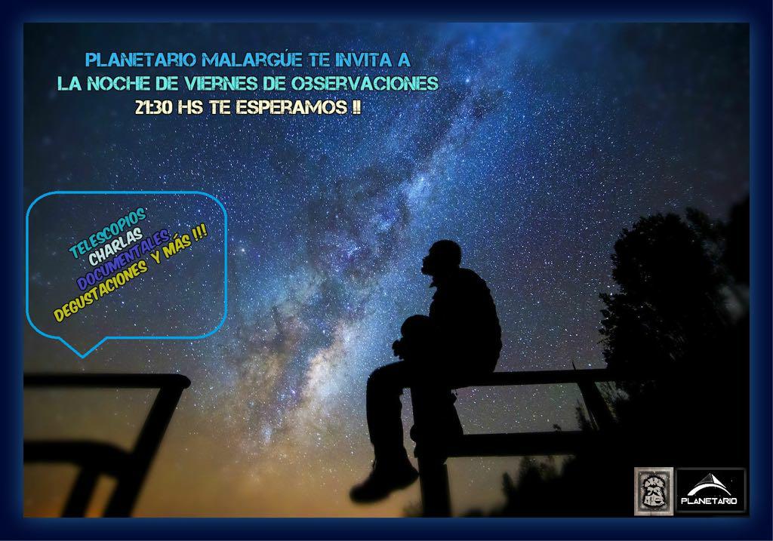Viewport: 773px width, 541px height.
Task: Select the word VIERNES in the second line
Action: [x=221, y=83]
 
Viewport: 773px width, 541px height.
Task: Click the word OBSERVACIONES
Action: [x=365, y=83]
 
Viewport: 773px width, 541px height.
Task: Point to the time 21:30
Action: [x=153, y=107]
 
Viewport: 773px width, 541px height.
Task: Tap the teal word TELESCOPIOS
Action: [x=107, y=232]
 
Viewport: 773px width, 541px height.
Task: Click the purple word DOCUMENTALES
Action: [x=123, y=260]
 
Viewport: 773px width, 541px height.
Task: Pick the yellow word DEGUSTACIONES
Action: [x=101, y=290]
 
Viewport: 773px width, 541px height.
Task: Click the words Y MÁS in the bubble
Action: [x=179, y=246]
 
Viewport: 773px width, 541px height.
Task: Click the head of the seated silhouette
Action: [x=439, y=258]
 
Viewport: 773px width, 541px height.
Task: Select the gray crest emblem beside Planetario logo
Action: [x=653, y=491]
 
